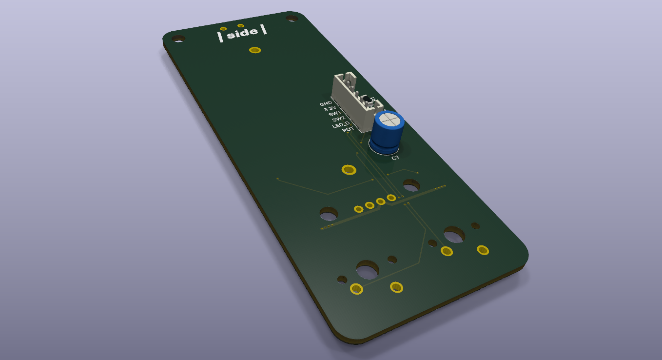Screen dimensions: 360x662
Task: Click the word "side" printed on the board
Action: (x=242, y=33)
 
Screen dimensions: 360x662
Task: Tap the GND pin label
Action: (x=326, y=104)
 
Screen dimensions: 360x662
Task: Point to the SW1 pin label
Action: (x=334, y=114)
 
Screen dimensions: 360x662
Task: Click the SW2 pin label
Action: (x=338, y=119)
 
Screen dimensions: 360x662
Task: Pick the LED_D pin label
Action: (x=341, y=125)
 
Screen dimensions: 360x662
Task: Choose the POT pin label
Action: (x=348, y=130)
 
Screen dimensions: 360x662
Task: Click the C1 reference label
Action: (x=395, y=158)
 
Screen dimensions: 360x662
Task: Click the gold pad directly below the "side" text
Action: (x=254, y=50)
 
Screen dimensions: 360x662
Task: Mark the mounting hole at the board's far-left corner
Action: (x=178, y=38)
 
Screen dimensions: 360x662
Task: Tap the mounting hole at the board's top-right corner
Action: (x=292, y=19)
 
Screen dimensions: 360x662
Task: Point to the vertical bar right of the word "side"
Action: (x=264, y=29)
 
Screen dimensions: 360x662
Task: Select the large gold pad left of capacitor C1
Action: (x=349, y=169)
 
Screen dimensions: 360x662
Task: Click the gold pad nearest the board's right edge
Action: (x=483, y=250)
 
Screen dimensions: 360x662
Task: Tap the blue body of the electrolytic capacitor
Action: (x=387, y=137)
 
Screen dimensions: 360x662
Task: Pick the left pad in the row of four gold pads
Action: (x=358, y=209)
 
